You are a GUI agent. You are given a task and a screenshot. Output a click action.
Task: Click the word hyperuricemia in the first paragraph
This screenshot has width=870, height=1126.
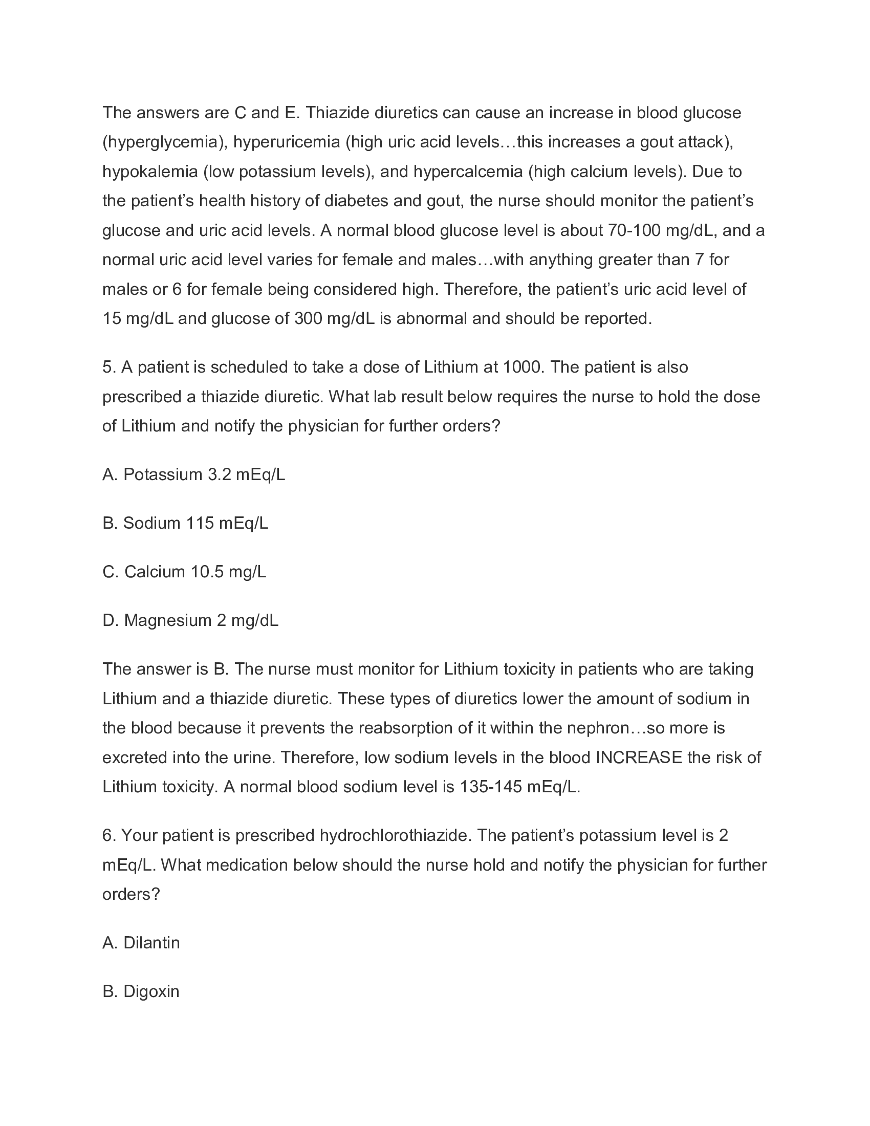click(287, 142)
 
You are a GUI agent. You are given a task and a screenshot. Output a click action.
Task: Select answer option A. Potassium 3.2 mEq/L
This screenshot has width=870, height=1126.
click(193, 474)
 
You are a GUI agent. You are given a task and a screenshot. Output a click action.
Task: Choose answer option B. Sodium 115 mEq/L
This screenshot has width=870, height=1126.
click(185, 523)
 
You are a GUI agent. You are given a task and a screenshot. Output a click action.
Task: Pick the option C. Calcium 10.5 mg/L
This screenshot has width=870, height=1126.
click(184, 571)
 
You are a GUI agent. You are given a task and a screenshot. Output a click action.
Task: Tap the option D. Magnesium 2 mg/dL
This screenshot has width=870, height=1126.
click(190, 620)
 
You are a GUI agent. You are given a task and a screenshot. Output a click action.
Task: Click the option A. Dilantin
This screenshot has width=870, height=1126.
click(141, 942)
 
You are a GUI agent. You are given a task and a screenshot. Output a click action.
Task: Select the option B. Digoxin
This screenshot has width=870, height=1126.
click(141, 991)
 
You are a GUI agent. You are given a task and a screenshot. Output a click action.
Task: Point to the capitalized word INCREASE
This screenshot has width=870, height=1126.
click(639, 757)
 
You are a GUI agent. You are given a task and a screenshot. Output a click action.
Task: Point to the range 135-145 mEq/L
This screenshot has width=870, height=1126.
click(519, 787)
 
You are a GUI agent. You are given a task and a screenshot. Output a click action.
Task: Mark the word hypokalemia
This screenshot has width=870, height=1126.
click(150, 171)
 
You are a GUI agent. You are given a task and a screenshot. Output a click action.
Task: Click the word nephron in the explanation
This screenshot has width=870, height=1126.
click(598, 728)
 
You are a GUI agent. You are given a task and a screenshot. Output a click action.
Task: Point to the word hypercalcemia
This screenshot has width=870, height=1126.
click(468, 171)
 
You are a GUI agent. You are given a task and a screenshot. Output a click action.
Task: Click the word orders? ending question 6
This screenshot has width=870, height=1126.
click(132, 894)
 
